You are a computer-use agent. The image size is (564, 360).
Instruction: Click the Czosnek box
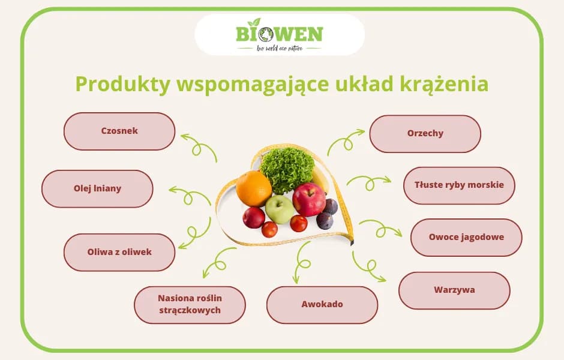[119, 131]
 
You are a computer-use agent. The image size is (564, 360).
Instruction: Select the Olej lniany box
[97, 188]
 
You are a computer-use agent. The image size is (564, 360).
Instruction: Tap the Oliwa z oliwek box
[119, 252]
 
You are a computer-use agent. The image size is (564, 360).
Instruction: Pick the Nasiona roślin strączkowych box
[190, 304]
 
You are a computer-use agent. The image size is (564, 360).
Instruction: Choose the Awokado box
[322, 304]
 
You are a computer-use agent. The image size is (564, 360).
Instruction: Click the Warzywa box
[454, 290]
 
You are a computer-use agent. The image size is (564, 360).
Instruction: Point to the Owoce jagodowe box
[466, 237]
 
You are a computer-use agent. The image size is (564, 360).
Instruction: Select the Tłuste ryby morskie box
[459, 185]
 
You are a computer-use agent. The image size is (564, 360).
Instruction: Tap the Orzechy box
[425, 133]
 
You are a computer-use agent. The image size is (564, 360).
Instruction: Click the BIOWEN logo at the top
[280, 35]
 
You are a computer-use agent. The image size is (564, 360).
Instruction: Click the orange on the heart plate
[254, 188]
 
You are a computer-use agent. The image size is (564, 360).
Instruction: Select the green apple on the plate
[280, 209]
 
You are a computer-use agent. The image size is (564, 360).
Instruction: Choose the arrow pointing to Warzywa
[368, 268]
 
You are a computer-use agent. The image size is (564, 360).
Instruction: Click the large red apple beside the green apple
[309, 199]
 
